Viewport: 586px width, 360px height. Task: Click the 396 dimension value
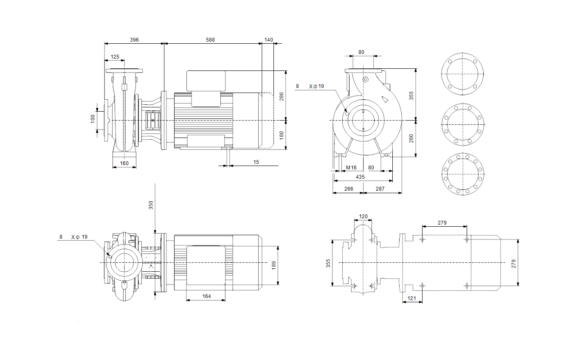point(134,40)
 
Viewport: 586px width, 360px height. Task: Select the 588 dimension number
point(210,40)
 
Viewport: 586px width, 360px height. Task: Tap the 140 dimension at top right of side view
point(269,40)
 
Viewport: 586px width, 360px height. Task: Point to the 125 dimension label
point(115,57)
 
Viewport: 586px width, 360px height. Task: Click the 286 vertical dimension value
point(282,96)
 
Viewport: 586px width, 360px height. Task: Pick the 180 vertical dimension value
point(282,135)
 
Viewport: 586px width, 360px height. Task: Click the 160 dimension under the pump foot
point(124,163)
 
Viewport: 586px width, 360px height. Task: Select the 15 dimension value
point(256,162)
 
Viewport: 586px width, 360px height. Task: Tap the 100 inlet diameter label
point(93,119)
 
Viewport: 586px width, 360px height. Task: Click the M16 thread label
point(351,167)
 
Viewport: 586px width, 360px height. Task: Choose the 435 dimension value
point(360,177)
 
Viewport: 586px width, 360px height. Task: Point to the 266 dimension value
point(349,188)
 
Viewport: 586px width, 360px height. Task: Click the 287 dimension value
point(380,188)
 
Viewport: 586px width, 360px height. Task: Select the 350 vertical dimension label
point(151,205)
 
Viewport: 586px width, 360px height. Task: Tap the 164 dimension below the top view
point(206,296)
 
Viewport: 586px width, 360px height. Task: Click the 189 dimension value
point(274,265)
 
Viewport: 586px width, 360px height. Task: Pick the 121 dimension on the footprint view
point(411,298)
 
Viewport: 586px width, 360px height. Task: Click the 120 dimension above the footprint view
point(363,217)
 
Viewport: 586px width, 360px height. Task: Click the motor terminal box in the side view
point(206,81)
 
